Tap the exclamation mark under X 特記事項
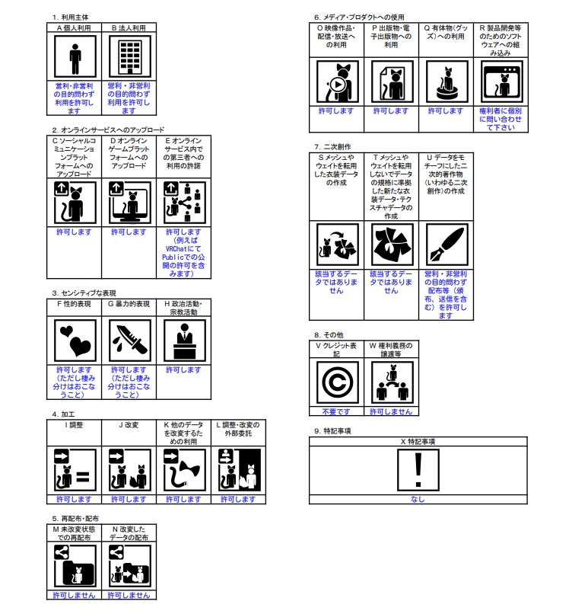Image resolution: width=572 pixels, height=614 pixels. (x=418, y=470)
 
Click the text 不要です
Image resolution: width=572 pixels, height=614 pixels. (x=335, y=411)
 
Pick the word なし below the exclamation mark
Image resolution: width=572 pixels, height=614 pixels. (x=418, y=499)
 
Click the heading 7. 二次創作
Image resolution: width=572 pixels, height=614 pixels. (x=332, y=146)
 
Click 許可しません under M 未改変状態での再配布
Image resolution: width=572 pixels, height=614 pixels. (x=75, y=594)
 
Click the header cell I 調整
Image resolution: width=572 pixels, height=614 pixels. (x=75, y=424)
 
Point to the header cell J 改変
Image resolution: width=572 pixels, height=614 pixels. (x=129, y=424)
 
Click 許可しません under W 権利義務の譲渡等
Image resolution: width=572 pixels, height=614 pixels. (x=390, y=411)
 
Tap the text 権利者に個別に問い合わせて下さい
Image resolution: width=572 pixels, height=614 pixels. (x=501, y=119)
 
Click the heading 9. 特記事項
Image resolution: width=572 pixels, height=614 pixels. (x=332, y=431)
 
